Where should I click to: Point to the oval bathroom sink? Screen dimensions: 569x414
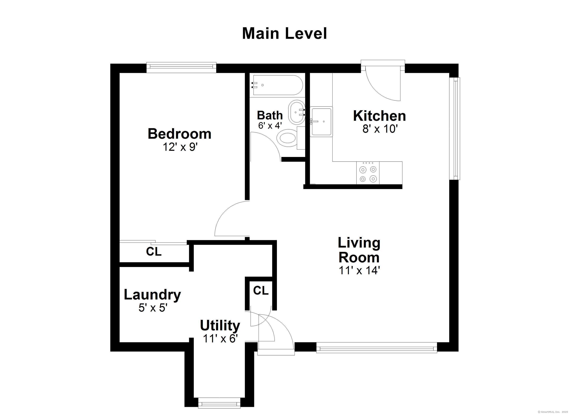[296, 112]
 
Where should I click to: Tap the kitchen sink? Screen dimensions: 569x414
[321, 122]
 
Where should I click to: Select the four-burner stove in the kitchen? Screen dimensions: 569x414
[368, 173]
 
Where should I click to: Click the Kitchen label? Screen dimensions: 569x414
[380, 116]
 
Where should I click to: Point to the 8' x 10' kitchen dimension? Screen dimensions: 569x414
[380, 129]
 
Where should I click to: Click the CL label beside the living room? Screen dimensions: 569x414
[261, 290]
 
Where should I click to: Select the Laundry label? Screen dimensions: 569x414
[152, 295]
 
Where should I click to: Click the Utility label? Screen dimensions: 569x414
[220, 326]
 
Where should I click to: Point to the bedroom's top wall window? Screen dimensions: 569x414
[181, 67]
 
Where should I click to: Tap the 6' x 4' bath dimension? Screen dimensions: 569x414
[270, 125]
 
